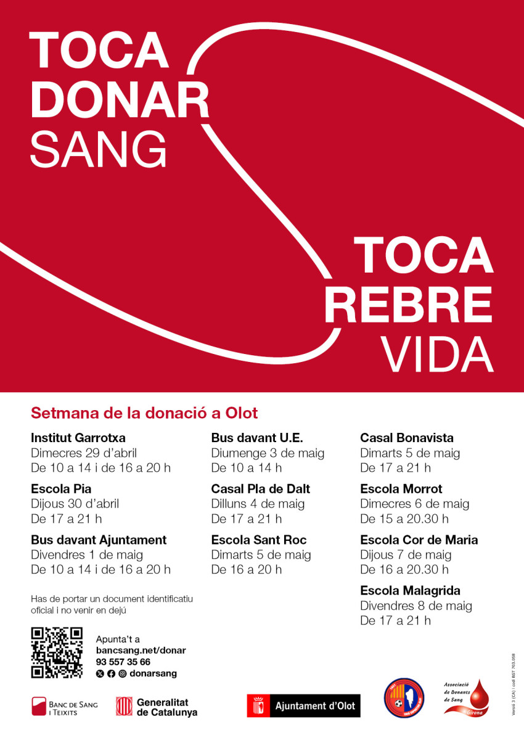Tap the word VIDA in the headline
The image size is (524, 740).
point(436,353)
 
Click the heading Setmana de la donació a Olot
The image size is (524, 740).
point(144,413)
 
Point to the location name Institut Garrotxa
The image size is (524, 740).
point(78,438)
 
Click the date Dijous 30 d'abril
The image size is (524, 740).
point(75,504)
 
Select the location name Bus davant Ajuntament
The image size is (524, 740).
point(99,540)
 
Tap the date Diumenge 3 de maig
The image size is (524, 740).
point(268,453)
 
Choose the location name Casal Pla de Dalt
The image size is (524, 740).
point(260,489)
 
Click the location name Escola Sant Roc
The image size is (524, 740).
point(259,540)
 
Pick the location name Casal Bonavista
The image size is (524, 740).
point(407,438)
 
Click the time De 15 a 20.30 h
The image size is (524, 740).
point(404,519)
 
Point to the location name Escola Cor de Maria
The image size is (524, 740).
point(419,540)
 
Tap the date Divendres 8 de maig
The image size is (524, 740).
point(416,606)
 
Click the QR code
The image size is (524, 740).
point(57,652)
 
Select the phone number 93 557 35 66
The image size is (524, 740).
point(123,662)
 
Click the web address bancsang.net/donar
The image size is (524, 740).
point(141,651)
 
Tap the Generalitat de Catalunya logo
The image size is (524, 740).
point(157,707)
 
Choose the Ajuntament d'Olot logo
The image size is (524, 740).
point(303,706)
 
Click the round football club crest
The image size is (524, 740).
point(404,698)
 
